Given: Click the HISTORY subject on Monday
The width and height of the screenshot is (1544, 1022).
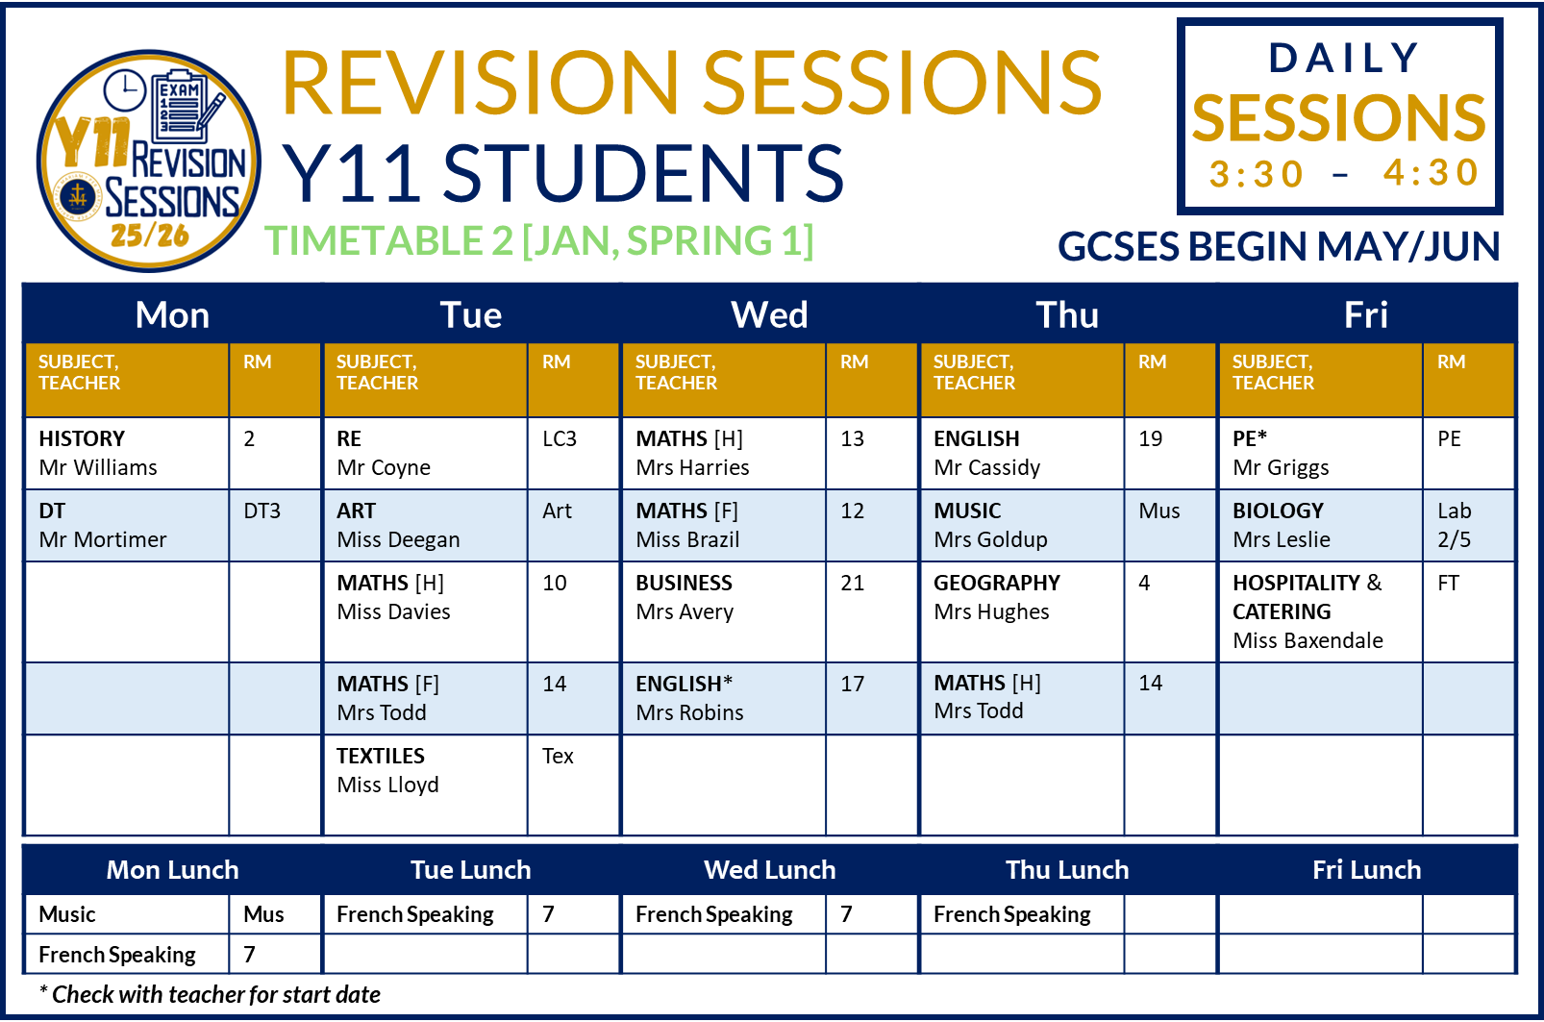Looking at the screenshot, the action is (x=82, y=438).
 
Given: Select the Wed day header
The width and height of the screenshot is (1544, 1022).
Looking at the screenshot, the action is (x=769, y=315).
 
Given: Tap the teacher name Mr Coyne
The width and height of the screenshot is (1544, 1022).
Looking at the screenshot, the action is (x=384, y=468).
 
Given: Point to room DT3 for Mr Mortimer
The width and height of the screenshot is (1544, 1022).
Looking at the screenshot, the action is (x=261, y=511).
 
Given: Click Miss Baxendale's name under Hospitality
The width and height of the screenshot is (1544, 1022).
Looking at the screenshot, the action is (x=1307, y=641).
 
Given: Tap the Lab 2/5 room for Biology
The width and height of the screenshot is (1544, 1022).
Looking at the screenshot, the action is (x=1455, y=525).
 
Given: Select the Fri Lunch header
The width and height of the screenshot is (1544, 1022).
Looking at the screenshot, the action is (x=1366, y=870).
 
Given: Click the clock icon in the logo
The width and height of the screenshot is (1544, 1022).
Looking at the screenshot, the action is (x=125, y=91).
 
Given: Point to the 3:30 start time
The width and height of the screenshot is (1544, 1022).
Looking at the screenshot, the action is (x=1257, y=174).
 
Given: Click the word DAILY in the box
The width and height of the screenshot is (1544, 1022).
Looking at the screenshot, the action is (x=1343, y=58).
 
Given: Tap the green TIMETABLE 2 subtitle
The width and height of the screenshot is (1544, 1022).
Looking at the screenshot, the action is (x=539, y=241).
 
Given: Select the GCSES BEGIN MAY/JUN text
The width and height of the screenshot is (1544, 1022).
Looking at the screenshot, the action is (x=1279, y=247).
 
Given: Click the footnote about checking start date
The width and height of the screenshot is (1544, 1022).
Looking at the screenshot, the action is (x=210, y=994).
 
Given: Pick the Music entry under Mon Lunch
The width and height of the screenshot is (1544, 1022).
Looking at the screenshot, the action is (x=67, y=914).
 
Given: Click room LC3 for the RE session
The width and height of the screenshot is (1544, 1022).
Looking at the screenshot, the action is (x=559, y=439).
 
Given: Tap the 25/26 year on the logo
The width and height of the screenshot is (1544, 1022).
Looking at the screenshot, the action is (x=150, y=237).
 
